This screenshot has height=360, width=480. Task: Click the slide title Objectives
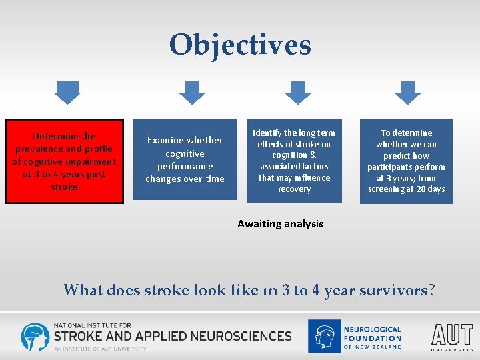[x=240, y=45]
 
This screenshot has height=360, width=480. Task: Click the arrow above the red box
[x=67, y=92]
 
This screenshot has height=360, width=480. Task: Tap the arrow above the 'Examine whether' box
[x=192, y=92]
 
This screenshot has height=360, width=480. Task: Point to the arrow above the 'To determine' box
[x=406, y=92]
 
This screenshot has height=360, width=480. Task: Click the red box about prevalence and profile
[x=65, y=161]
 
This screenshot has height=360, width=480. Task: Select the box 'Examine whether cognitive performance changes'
[x=185, y=159]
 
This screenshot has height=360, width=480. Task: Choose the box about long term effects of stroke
[x=294, y=161]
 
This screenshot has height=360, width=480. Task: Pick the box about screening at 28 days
[x=406, y=161]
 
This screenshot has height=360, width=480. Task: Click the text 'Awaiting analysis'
[x=280, y=224]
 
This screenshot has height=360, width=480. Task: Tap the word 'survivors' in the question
[x=393, y=290]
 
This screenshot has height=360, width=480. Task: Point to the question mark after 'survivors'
[x=431, y=290]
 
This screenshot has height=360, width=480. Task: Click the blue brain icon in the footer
[x=35, y=337]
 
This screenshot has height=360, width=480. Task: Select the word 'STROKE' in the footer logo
[x=80, y=335]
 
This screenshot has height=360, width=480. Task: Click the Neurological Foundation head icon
[x=324, y=336]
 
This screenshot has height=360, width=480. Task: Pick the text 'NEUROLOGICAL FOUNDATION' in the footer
[x=372, y=334]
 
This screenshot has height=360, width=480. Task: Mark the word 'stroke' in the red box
[x=65, y=187]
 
